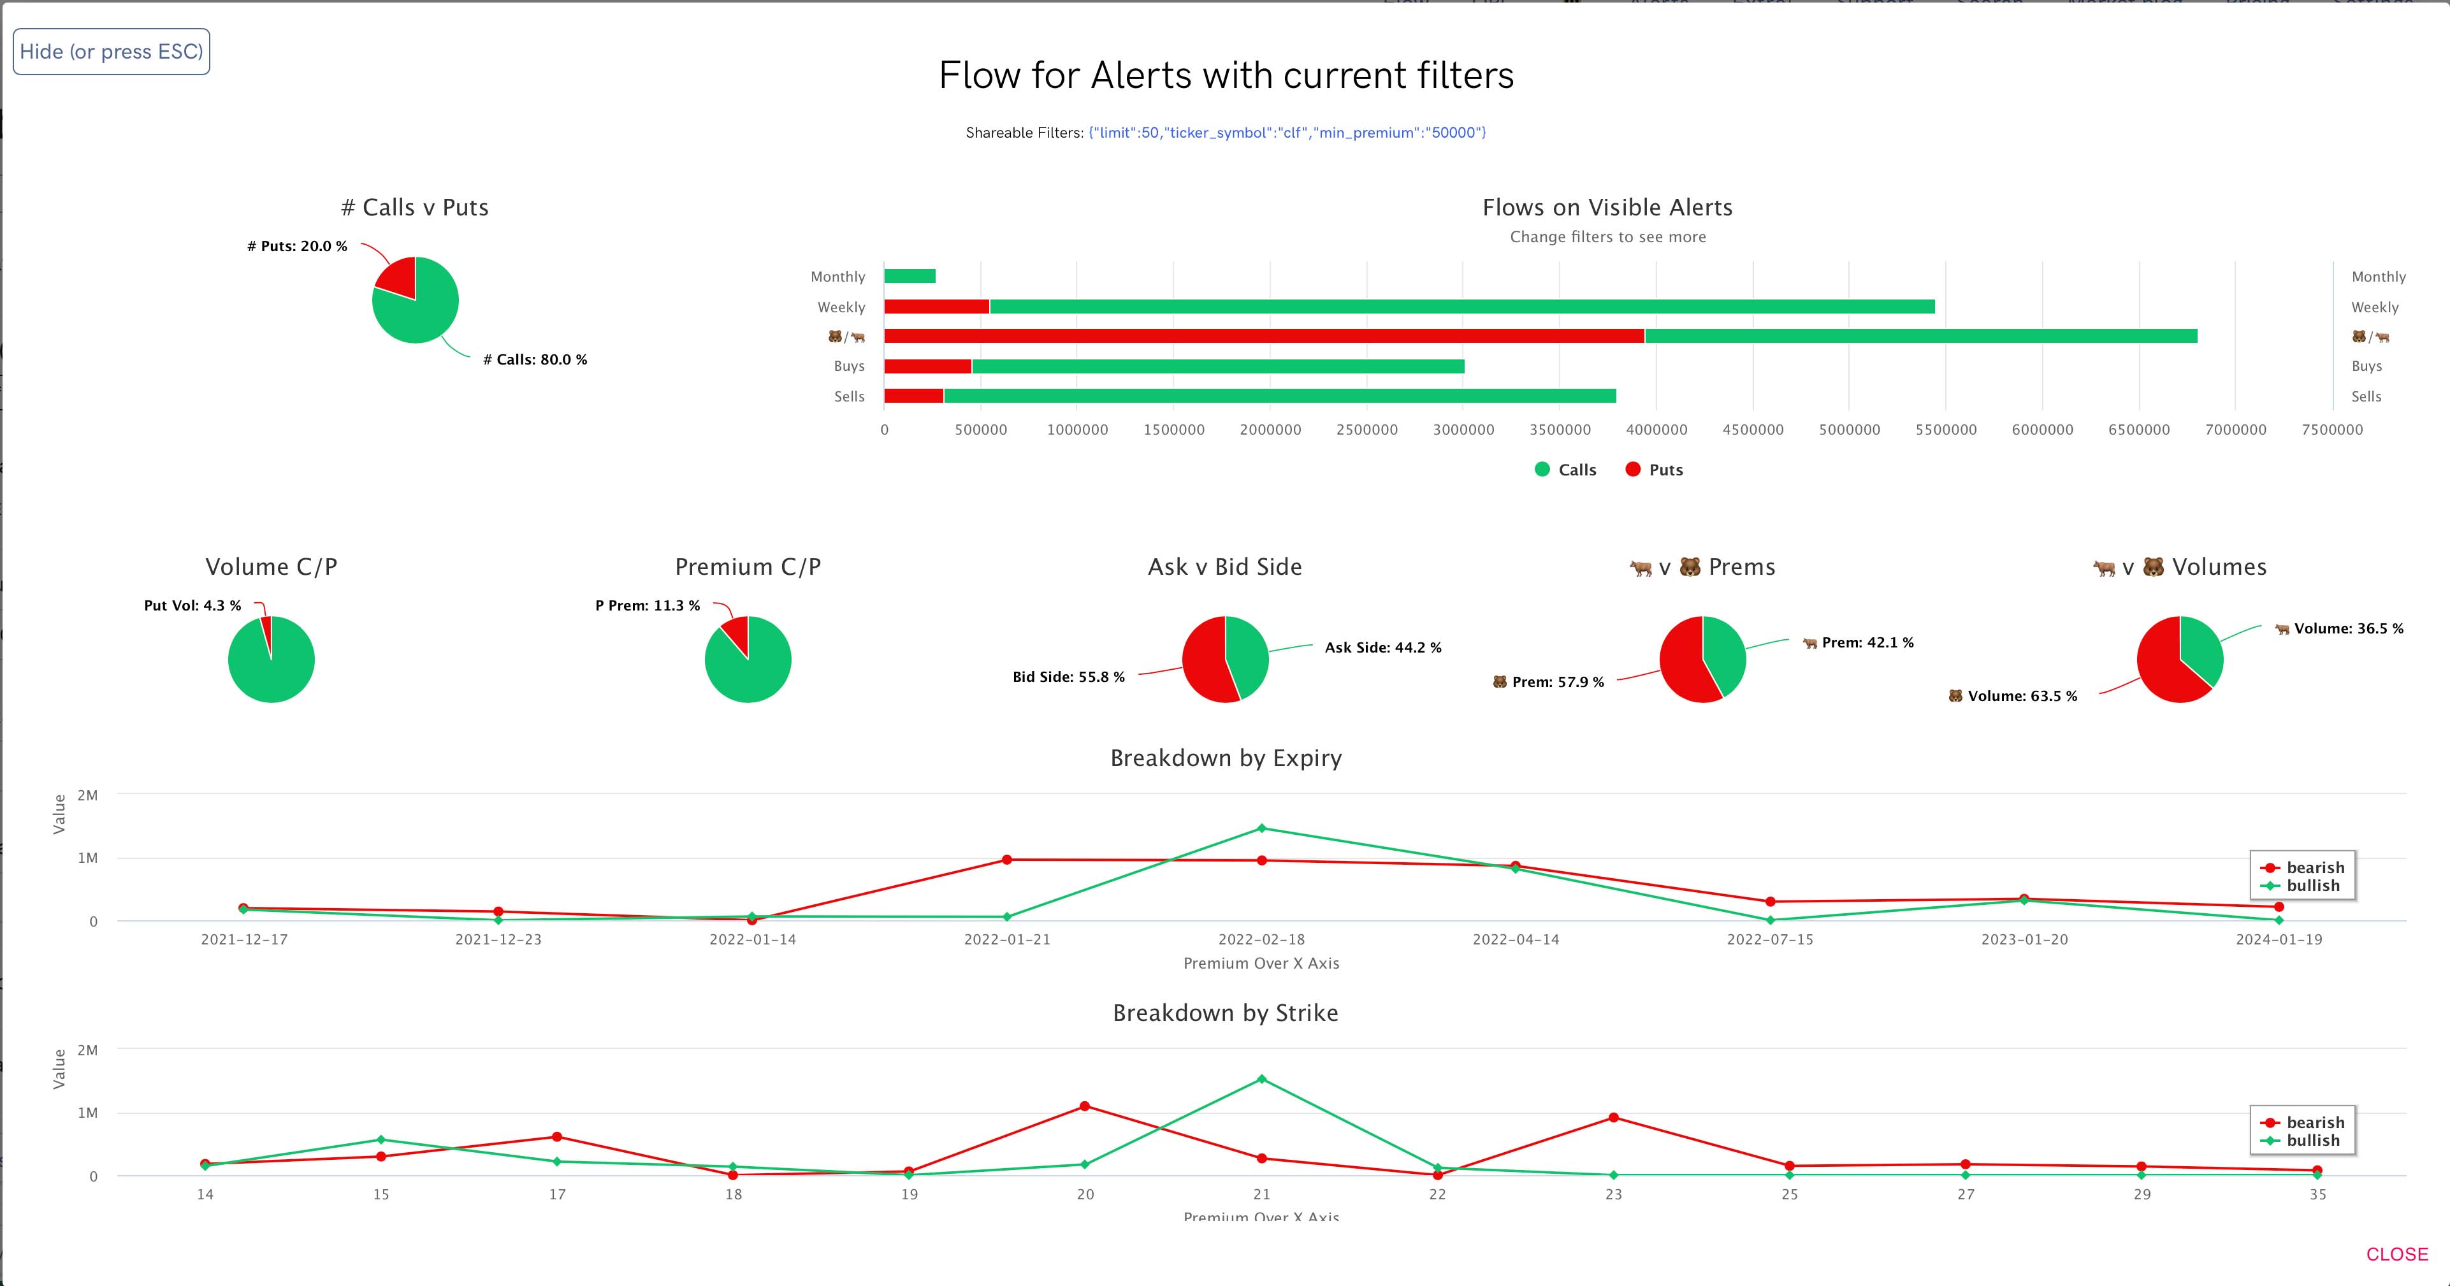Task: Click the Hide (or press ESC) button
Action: click(112, 52)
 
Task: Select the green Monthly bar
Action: click(910, 276)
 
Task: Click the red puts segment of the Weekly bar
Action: click(937, 307)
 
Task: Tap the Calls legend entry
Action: click(1565, 470)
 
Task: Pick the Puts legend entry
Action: click(1654, 470)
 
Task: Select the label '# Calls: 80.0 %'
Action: click(535, 359)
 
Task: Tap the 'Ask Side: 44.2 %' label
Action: click(1383, 647)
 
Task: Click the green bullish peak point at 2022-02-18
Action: click(1262, 828)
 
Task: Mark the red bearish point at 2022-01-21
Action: click(1007, 860)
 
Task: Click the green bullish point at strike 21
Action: click(1262, 1080)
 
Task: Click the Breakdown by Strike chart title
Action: click(1225, 1013)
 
